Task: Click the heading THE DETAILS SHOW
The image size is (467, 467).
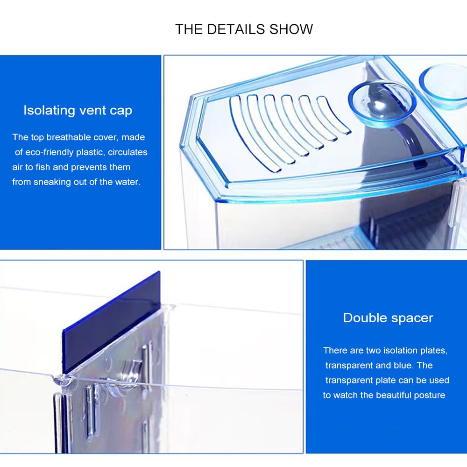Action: (x=244, y=29)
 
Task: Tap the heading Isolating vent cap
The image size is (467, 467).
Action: (x=78, y=111)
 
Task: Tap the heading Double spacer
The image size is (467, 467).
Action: (x=388, y=318)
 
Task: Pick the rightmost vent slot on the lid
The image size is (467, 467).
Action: (x=333, y=114)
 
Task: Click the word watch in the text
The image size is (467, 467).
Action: (x=344, y=395)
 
